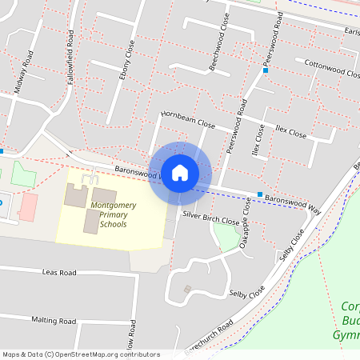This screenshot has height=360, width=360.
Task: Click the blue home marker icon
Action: point(180,172)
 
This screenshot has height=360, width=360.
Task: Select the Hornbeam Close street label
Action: point(188,120)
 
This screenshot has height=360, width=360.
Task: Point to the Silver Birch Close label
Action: point(210,218)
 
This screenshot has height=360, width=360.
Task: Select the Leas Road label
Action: point(59,273)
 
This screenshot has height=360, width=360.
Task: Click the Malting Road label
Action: point(53,320)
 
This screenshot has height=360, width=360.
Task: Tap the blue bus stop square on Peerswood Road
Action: point(266,70)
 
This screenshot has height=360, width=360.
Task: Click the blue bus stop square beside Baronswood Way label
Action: point(259,194)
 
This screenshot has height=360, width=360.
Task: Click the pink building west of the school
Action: point(28,206)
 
